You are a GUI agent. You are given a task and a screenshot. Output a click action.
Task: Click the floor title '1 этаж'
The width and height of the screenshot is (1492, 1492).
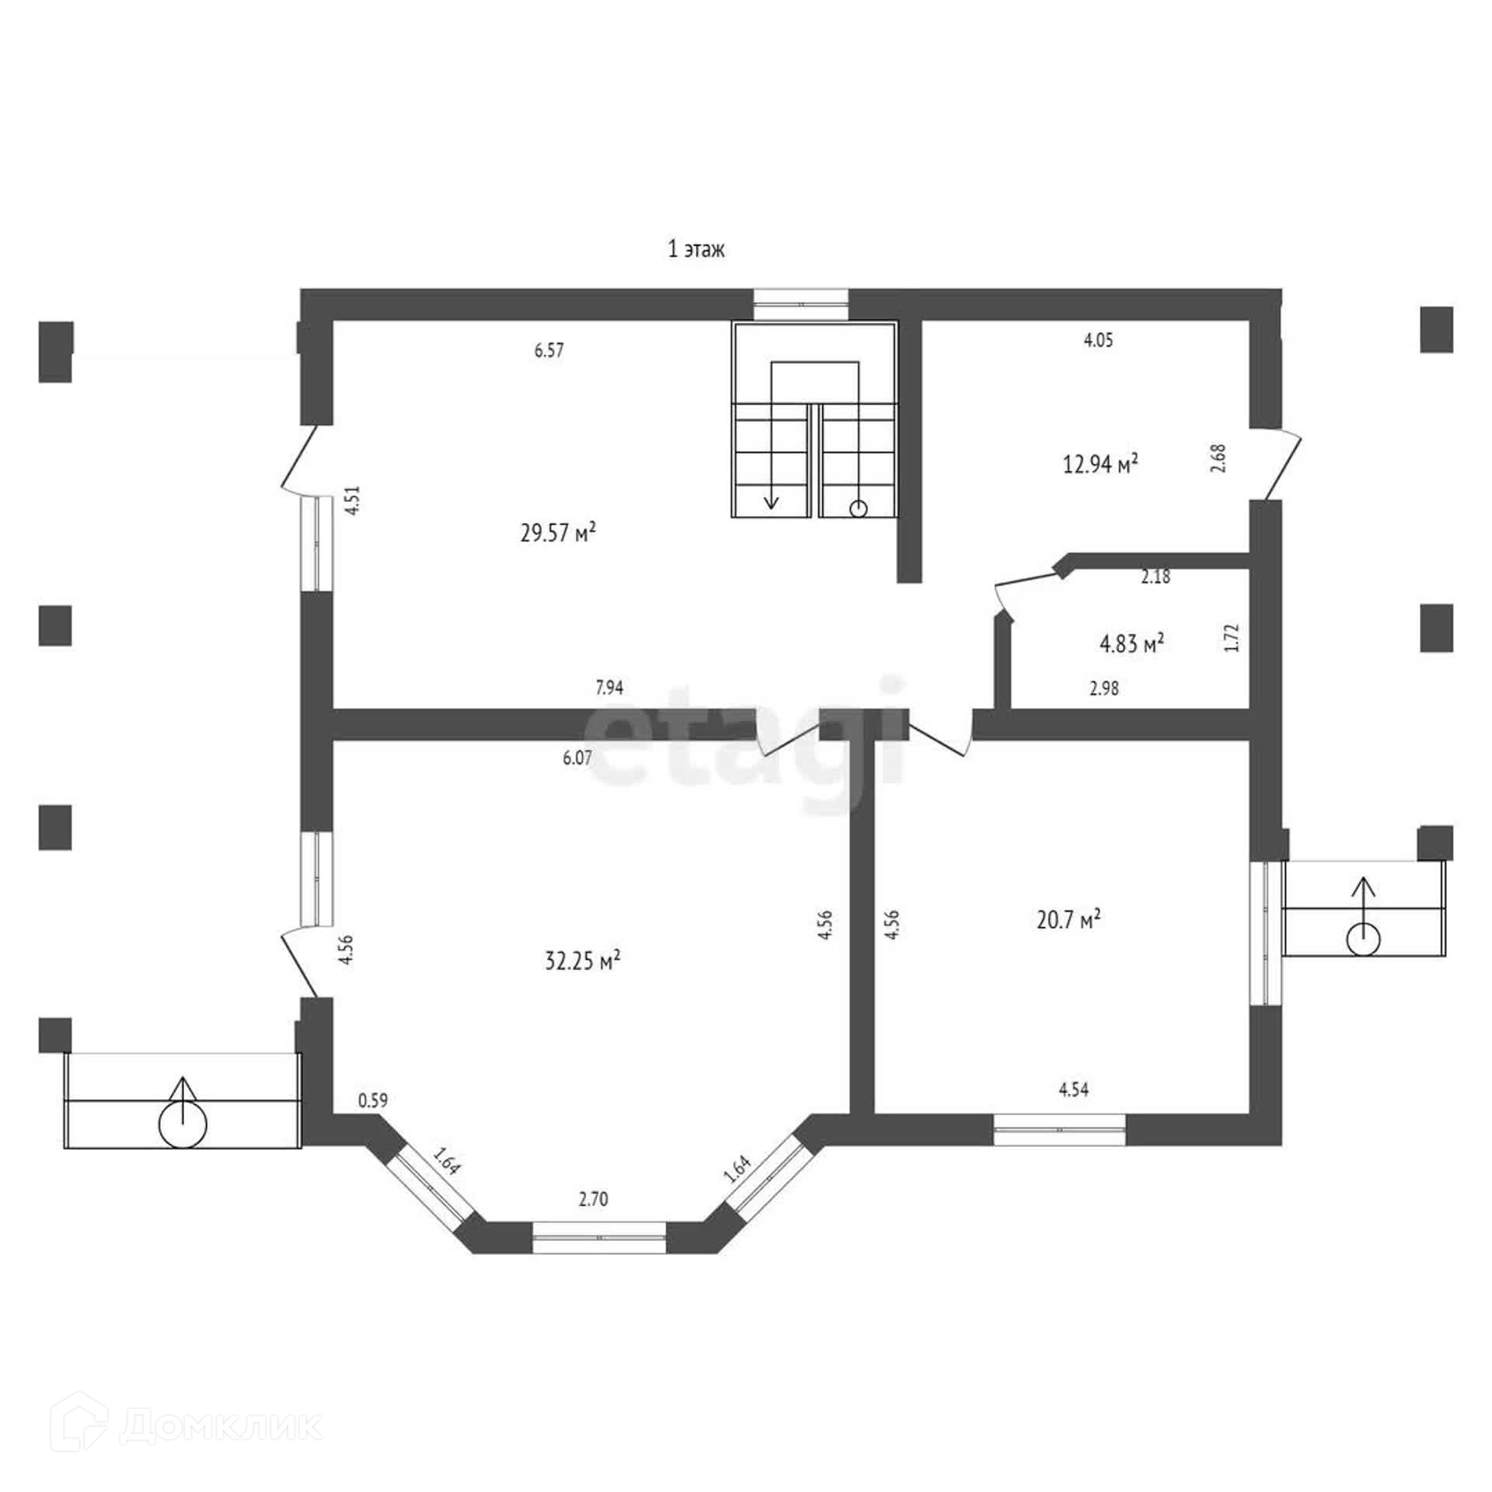[x=695, y=249]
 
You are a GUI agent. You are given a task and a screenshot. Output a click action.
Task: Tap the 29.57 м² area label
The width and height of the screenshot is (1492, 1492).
[x=557, y=533]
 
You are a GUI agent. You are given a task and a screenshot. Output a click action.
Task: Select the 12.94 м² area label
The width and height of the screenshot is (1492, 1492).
[x=1100, y=465]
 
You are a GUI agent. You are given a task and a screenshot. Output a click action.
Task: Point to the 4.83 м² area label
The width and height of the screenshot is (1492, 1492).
[x=1131, y=643]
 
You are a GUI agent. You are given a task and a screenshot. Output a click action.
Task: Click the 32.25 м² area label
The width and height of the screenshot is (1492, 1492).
[x=582, y=961]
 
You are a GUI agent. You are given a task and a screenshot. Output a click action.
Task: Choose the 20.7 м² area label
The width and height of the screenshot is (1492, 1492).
[x=1068, y=920]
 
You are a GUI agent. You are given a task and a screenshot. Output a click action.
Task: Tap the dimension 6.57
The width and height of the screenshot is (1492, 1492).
[x=549, y=350]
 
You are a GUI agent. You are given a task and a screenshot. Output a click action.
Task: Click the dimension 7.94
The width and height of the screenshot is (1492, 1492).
[x=608, y=688]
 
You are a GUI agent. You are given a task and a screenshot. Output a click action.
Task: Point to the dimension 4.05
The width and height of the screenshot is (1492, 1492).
[x=1098, y=340]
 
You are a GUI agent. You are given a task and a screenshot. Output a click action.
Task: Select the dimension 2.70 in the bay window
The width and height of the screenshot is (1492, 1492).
[x=593, y=1199]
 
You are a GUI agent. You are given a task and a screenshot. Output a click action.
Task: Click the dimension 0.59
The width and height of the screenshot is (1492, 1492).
[x=372, y=1100]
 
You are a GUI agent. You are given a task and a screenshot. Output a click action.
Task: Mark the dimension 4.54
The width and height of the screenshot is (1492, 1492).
[x=1073, y=1090]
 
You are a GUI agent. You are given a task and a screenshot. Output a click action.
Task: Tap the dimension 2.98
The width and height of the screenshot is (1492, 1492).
[x=1103, y=688]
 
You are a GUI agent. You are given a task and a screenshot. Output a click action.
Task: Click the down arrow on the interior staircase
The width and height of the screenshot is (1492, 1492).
[x=771, y=498]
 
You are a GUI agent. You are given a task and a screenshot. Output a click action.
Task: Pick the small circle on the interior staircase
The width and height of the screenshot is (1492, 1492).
[x=858, y=509]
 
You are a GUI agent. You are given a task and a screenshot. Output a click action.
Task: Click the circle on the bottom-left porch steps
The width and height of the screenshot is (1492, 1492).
[x=183, y=1125]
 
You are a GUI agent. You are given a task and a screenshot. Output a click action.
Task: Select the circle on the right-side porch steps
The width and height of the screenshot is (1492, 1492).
[x=1363, y=939]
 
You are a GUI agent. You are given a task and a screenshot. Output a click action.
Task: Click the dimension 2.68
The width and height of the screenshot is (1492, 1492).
[x=1218, y=458]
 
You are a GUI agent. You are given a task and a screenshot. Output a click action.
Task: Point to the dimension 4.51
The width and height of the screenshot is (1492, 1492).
[x=354, y=500]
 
